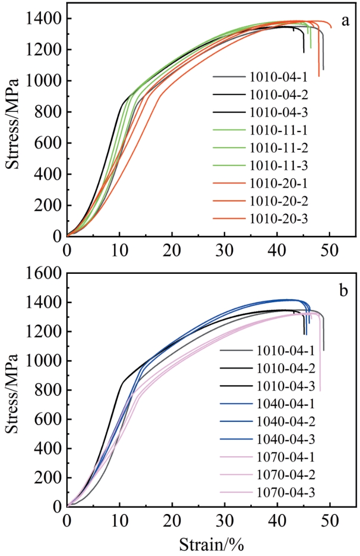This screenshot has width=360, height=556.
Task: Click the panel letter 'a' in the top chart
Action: coord(345,21)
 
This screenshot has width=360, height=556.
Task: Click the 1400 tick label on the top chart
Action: coord(42,19)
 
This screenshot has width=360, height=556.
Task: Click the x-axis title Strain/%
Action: coord(210,543)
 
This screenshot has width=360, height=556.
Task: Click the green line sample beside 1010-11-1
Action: coord(230,130)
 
